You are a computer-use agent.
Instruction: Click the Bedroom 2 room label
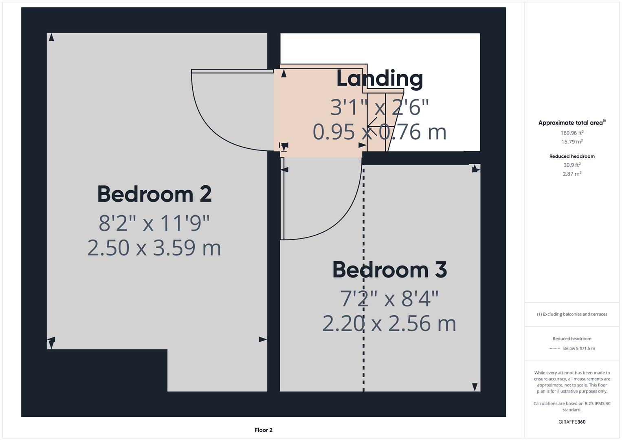(154, 194)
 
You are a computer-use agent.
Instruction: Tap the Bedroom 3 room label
(389, 270)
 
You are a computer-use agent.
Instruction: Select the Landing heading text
(380, 79)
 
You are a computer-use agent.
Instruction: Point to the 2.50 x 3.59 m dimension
(154, 248)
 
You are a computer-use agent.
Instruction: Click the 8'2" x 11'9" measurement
(154, 223)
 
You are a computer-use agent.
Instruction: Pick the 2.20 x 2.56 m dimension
(389, 323)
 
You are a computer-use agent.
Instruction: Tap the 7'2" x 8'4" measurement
(389, 299)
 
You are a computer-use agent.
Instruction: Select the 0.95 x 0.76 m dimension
(380, 132)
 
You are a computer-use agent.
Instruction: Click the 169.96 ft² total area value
(572, 133)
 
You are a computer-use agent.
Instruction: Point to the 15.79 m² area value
(572, 142)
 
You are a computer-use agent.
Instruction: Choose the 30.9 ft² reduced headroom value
(572, 165)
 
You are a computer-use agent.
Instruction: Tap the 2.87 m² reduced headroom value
(572, 174)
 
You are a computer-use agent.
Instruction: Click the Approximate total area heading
(571, 123)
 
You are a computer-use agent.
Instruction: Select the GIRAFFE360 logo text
(572, 422)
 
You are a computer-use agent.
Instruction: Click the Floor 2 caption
(264, 430)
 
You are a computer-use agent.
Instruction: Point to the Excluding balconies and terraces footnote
(572, 314)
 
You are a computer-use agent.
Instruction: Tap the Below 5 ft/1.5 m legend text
(579, 348)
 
